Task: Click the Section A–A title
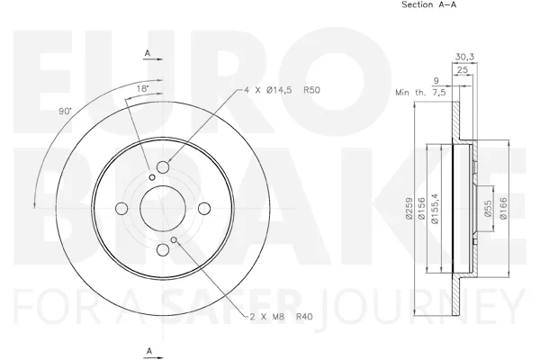(x=429, y=4)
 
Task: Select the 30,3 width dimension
(x=464, y=57)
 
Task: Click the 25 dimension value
(x=463, y=70)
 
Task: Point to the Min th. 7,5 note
(x=420, y=93)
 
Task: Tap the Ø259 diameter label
(x=409, y=208)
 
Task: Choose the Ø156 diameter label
(x=422, y=208)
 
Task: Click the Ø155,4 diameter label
(x=435, y=208)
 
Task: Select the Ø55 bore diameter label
(x=488, y=209)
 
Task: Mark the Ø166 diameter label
(x=503, y=208)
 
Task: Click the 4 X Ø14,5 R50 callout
(x=282, y=90)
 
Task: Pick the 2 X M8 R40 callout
(x=282, y=316)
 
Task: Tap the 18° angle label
(x=142, y=88)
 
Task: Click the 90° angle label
(x=65, y=112)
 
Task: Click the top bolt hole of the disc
(x=163, y=167)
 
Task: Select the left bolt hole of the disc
(x=121, y=209)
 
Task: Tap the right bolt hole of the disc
(x=204, y=209)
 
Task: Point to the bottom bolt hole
(x=163, y=250)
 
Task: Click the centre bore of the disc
(x=163, y=209)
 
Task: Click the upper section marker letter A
(x=148, y=53)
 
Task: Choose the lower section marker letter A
(x=149, y=351)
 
